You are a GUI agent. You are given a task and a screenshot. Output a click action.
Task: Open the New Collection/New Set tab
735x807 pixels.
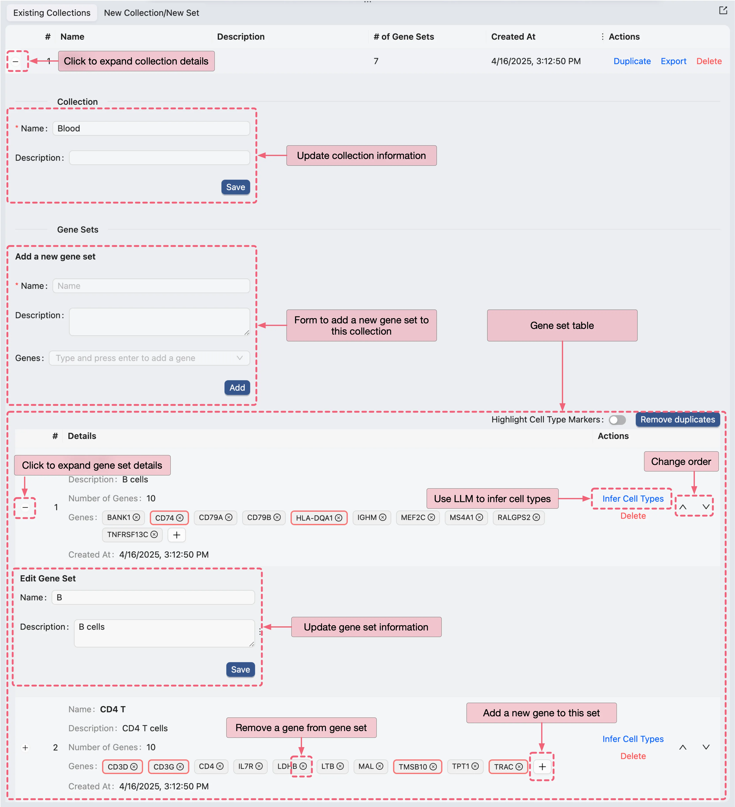coord(151,13)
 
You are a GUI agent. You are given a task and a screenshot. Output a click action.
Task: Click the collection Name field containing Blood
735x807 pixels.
coord(151,129)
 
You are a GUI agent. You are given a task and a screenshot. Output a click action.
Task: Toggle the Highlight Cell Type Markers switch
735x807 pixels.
coord(617,420)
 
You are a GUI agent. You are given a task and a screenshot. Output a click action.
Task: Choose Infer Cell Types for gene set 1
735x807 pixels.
coord(633,499)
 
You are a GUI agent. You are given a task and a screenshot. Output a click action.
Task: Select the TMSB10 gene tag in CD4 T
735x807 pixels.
coord(413,766)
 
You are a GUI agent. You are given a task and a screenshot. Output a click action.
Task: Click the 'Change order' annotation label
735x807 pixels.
coord(681,462)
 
